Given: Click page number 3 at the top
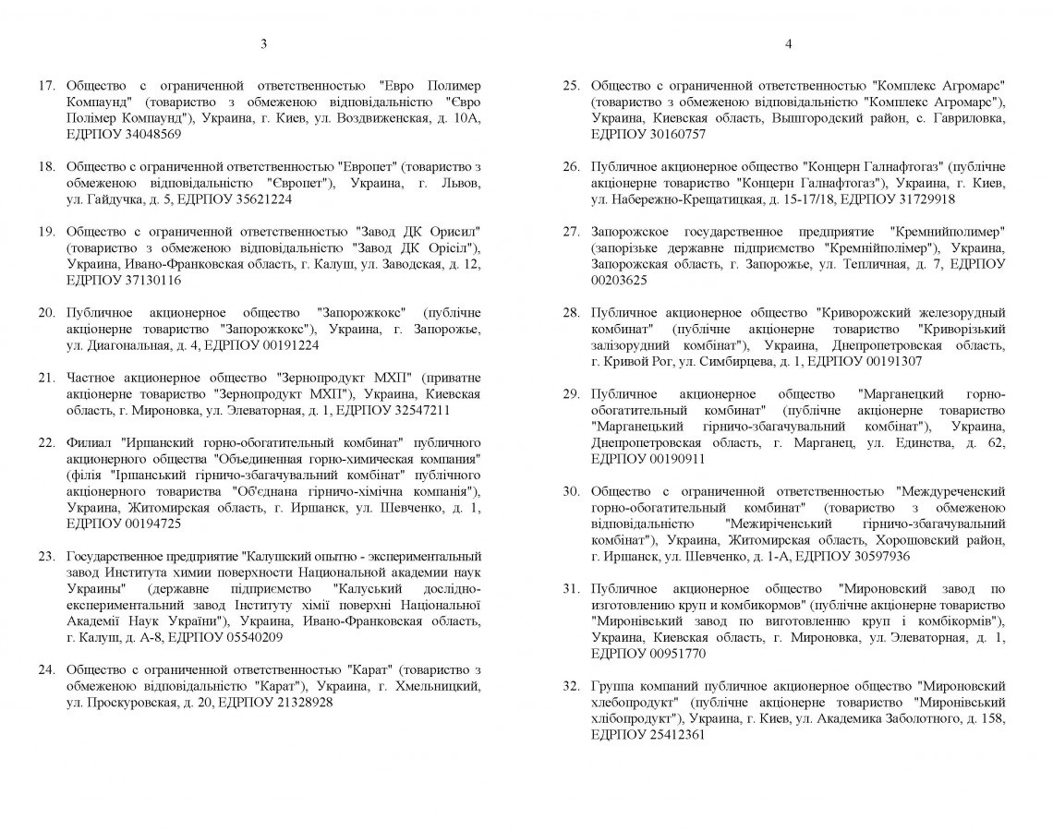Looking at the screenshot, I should [x=264, y=43].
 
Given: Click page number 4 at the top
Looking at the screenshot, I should [x=788, y=43].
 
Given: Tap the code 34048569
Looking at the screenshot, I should [x=153, y=134].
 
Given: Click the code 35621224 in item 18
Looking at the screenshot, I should [x=263, y=199].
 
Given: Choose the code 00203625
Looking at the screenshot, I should [x=619, y=280].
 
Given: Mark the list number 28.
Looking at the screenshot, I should [x=571, y=312].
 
